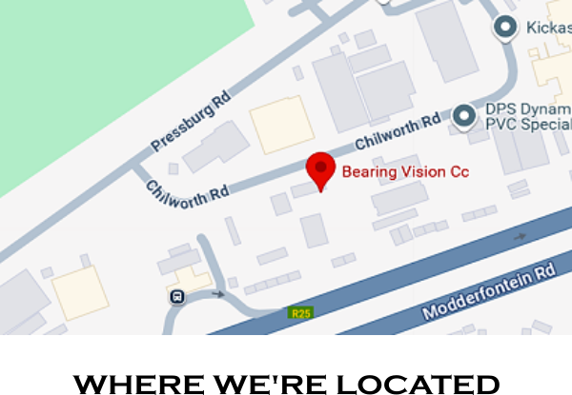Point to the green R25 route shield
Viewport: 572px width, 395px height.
coord(299,312)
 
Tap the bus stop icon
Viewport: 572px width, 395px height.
coord(177,296)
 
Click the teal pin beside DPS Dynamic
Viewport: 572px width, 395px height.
coord(464,116)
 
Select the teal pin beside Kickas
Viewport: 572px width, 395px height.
coord(505,30)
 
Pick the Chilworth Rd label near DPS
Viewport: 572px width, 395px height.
coord(398,131)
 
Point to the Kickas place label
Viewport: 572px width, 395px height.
coord(548,29)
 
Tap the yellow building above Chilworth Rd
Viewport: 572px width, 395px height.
coord(281,125)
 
